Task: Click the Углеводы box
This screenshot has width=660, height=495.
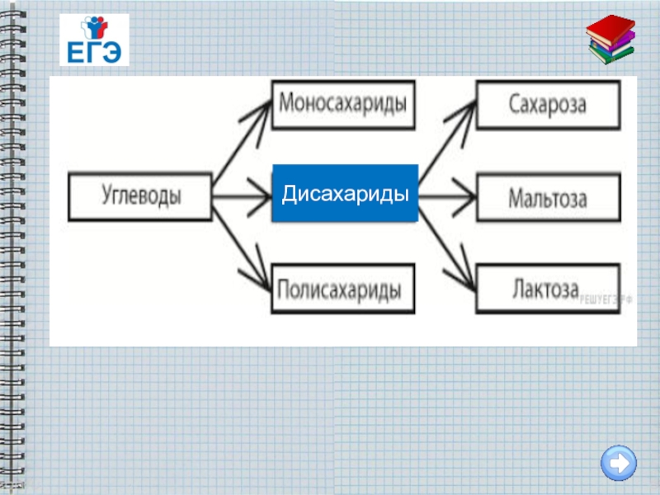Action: [x=140, y=197]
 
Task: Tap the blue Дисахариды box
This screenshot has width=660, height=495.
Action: [x=345, y=195]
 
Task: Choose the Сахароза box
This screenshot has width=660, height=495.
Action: [x=547, y=104]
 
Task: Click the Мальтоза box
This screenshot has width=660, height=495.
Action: [x=547, y=198]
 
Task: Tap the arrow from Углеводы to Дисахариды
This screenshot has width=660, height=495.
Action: [x=243, y=197]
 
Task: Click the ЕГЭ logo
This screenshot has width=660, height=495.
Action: [x=94, y=40]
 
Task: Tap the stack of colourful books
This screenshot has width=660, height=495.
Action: [x=611, y=40]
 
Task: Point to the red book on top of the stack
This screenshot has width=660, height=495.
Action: [x=610, y=27]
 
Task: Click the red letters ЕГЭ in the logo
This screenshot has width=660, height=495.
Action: [x=93, y=52]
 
